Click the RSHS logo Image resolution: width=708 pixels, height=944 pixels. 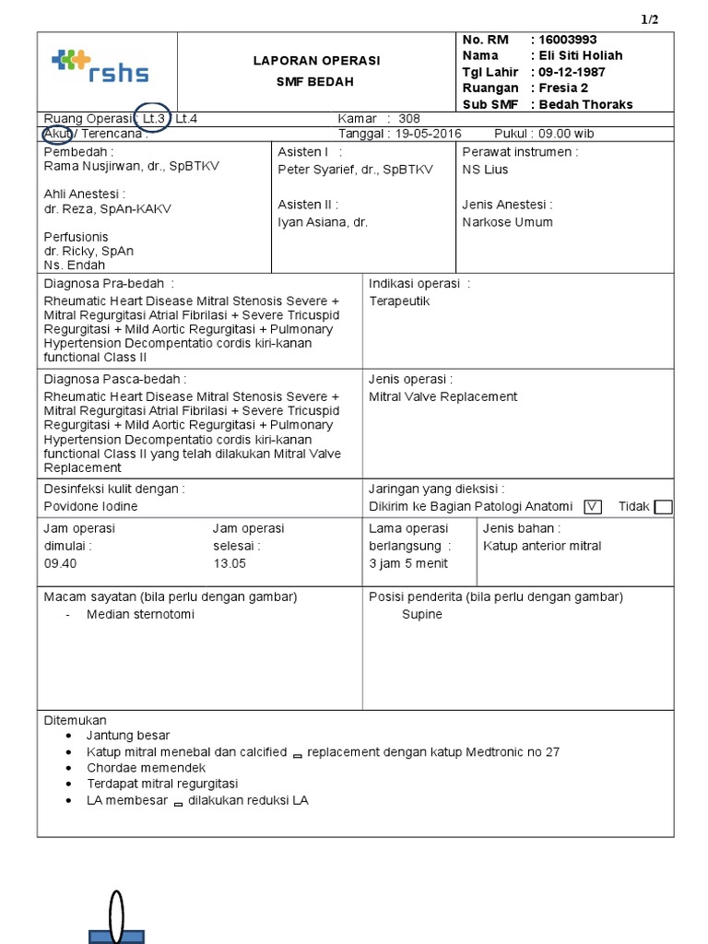pos(100,67)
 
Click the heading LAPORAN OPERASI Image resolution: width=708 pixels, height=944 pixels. pos(316,61)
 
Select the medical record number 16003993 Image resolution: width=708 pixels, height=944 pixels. pos(568,40)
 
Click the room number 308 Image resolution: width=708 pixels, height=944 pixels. pos(409,119)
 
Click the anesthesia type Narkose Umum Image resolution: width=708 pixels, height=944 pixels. pos(507,222)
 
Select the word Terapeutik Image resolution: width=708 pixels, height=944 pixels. pos(399,301)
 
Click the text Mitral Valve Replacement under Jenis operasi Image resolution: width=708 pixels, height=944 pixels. pos(442,396)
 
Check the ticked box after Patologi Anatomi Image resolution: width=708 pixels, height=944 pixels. pos(593,506)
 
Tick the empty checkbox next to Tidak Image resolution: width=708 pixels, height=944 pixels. pos(662,506)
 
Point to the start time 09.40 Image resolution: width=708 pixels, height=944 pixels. pos(60,562)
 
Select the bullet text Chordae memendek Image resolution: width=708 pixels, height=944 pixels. pos(146,768)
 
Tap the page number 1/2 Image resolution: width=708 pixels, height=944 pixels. pos(650,20)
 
